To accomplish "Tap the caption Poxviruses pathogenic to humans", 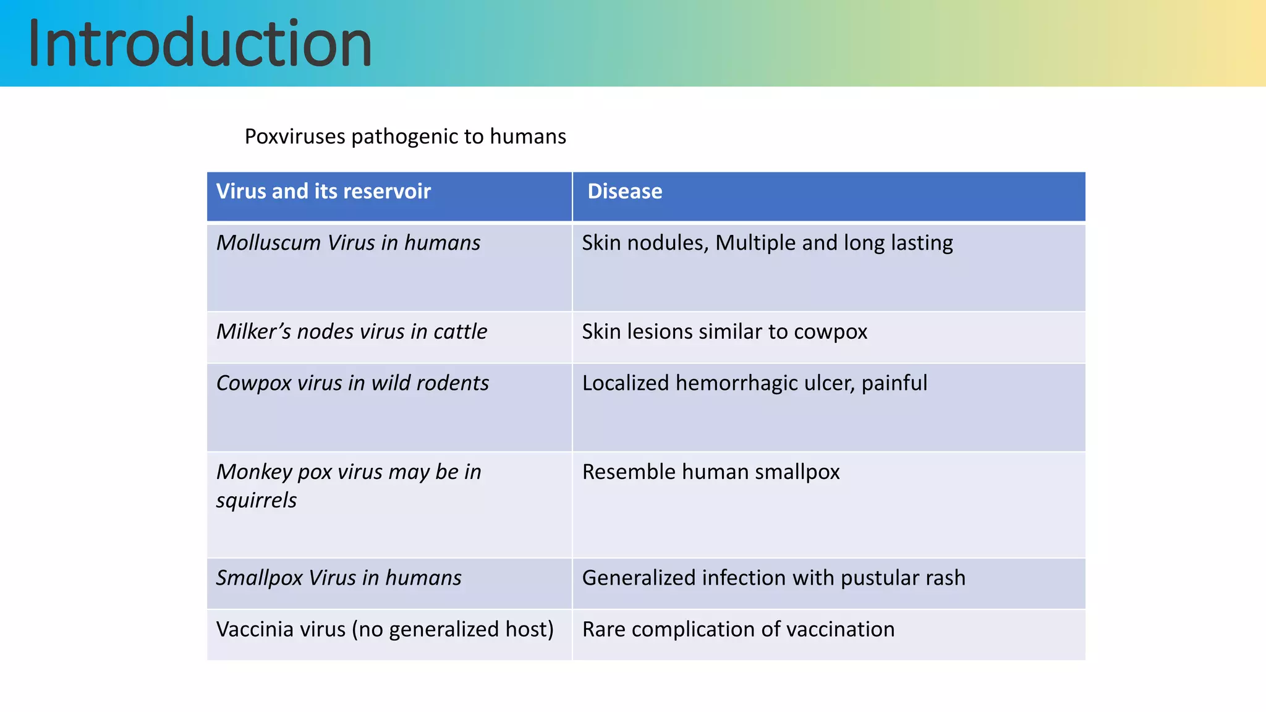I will point(405,137).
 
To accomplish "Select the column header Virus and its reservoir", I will point(323,192).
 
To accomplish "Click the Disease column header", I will point(624,192).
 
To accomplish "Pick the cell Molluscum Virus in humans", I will point(348,243).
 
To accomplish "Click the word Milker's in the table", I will point(253,332).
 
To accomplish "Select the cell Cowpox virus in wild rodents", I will point(352,383).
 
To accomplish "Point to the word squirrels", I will point(256,500).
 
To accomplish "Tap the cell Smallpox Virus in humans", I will point(339,578).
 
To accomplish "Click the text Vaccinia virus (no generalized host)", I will point(384,629).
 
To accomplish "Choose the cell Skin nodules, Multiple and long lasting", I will point(767,243).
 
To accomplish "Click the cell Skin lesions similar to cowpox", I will point(724,332).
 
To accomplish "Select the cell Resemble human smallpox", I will point(711,472).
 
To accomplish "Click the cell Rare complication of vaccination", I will point(738,629).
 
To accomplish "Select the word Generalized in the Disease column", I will point(639,578).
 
